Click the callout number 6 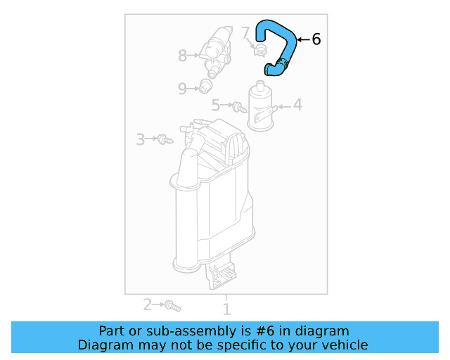[x=316, y=39]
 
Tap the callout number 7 [x=245, y=32]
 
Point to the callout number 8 [x=183, y=54]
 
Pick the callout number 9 [x=182, y=89]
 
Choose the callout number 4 [x=297, y=105]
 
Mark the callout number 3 [x=141, y=139]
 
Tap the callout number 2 [x=148, y=304]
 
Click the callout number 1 [x=226, y=309]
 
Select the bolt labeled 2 [x=173, y=306]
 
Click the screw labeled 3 [x=165, y=139]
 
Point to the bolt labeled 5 [x=239, y=108]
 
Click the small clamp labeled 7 [x=259, y=49]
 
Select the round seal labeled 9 [x=205, y=87]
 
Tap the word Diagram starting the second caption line [x=103, y=345]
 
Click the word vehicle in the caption [x=344, y=345]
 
